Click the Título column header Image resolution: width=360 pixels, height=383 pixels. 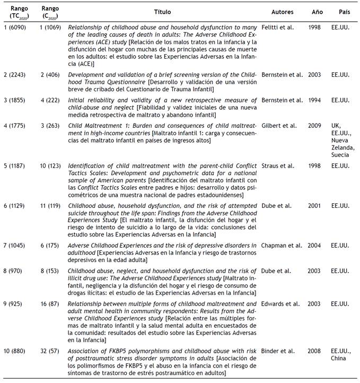[162, 12]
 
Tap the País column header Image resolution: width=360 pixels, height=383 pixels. [344, 12]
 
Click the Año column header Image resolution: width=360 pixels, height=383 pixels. [314, 12]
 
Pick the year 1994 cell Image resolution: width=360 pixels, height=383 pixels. [314, 100]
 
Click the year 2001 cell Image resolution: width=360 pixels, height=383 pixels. [314, 203]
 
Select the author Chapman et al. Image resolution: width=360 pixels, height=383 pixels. [282, 246]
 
